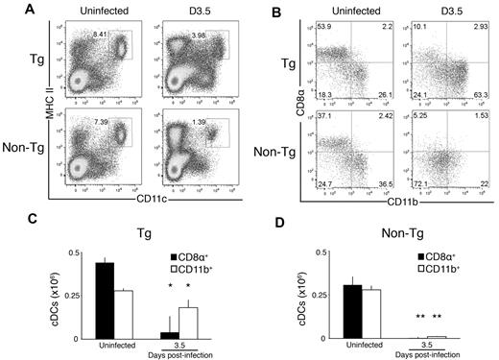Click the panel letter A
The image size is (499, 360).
10,9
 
